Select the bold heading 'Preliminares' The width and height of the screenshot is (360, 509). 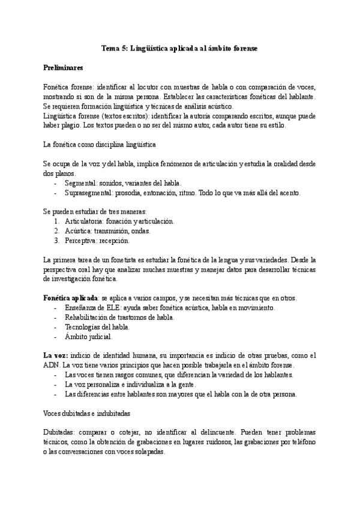tap(63, 67)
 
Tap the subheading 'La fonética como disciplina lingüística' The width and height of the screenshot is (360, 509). tap(99, 144)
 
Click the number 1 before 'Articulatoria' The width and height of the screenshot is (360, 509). tap(56, 221)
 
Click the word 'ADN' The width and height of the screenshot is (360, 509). tap(52, 366)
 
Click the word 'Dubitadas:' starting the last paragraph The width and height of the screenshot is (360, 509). tap(61, 433)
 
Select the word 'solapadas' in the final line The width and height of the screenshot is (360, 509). tap(147, 452)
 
